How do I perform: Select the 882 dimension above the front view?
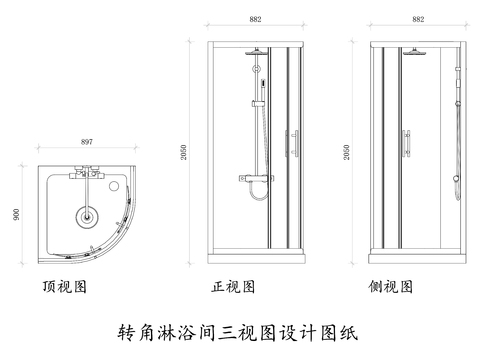click(x=257, y=19)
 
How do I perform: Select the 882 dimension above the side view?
click(x=417, y=19)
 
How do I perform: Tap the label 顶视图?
click(x=64, y=287)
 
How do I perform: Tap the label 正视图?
click(x=234, y=287)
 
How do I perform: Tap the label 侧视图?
click(x=391, y=287)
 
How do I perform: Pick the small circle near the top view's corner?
click(x=121, y=183)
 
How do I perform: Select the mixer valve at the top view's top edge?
click(x=84, y=173)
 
